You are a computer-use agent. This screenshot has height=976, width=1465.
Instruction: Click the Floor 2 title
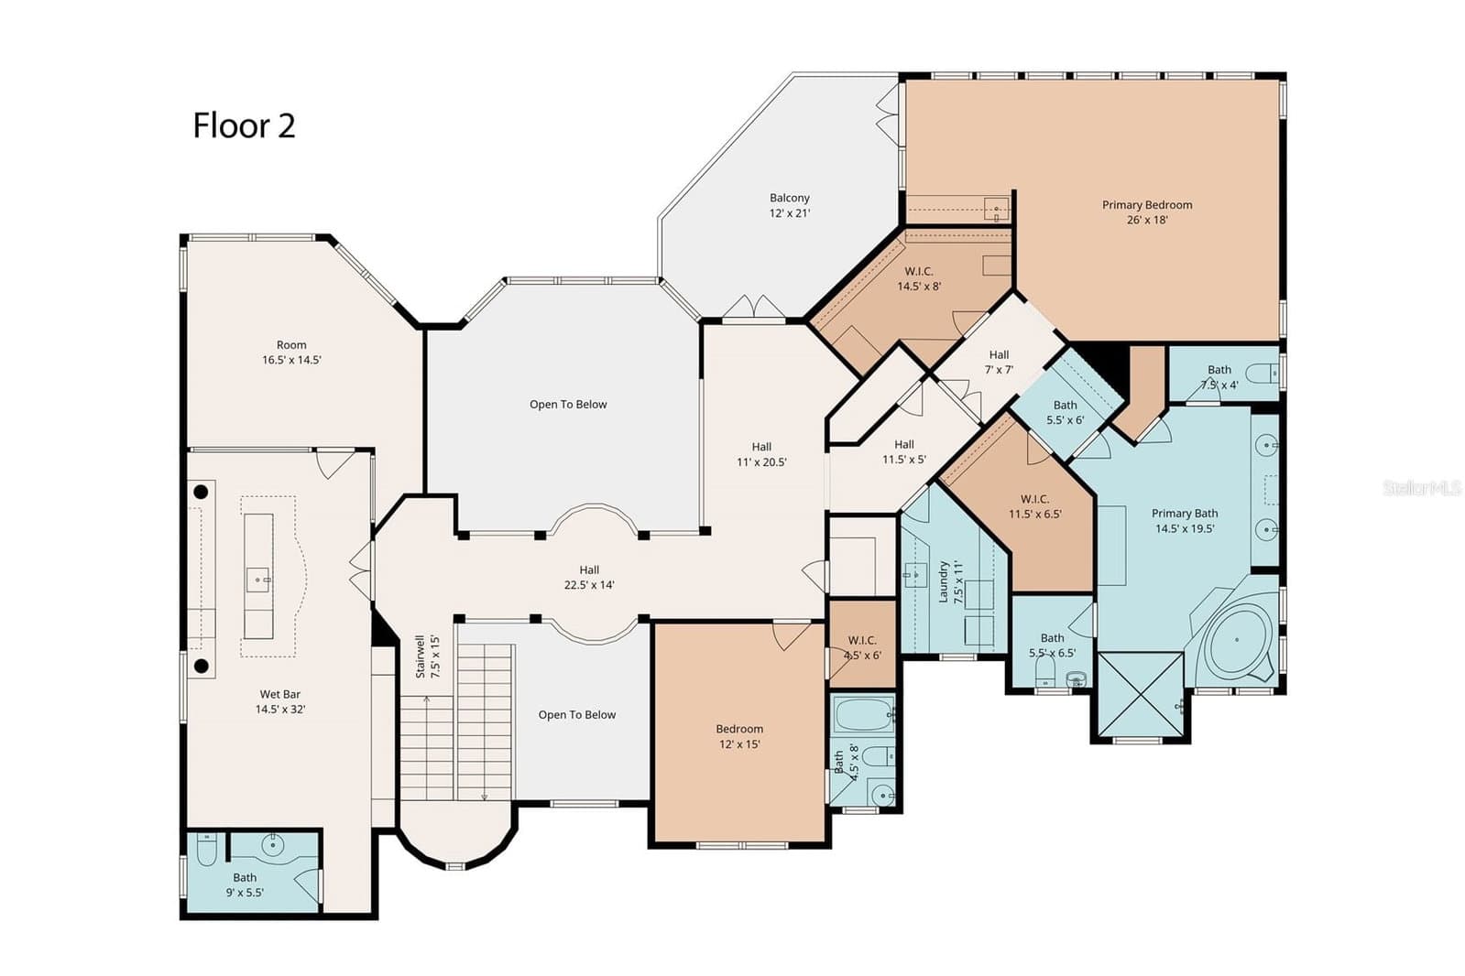pyautogui.click(x=244, y=125)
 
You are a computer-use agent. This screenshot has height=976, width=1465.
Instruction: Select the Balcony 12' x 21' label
pyautogui.click(x=790, y=205)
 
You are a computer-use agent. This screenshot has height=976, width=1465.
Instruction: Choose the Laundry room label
pyautogui.click(x=950, y=581)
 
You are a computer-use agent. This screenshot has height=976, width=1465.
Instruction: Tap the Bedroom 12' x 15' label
pyautogui.click(x=739, y=736)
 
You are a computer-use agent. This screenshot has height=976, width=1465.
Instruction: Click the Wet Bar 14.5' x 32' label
pyautogui.click(x=280, y=701)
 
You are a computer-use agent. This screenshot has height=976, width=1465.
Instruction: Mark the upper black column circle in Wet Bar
pyautogui.click(x=201, y=492)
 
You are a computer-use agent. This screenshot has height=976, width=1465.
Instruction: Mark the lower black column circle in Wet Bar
pyautogui.click(x=202, y=667)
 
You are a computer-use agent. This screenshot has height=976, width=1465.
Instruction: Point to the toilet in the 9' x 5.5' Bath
pyautogui.click(x=206, y=850)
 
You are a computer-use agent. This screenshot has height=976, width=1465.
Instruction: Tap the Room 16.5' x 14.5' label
pyautogui.click(x=291, y=352)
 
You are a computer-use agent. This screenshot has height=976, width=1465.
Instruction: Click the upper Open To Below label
pyautogui.click(x=568, y=405)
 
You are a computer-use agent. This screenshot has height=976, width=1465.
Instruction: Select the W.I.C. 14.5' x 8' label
pyautogui.click(x=919, y=278)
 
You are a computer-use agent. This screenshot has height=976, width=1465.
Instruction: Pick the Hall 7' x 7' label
pyautogui.click(x=999, y=363)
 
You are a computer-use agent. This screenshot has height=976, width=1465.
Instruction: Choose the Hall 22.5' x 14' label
pyautogui.click(x=588, y=577)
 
